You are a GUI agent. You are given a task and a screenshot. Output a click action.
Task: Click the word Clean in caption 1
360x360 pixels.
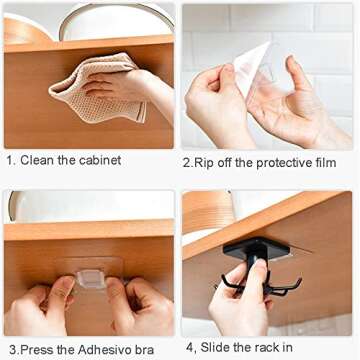pyautogui.click(x=38, y=160)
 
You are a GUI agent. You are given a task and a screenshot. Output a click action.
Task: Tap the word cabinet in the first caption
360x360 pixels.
pyautogui.click(x=100, y=160)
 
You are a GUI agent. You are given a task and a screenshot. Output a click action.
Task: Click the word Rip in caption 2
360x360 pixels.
pyautogui.click(x=206, y=161)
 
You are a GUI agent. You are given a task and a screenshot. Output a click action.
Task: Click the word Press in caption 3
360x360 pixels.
pyautogui.click(x=36, y=349)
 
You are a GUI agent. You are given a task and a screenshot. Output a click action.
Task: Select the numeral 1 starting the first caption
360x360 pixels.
pyautogui.click(x=8, y=160)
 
